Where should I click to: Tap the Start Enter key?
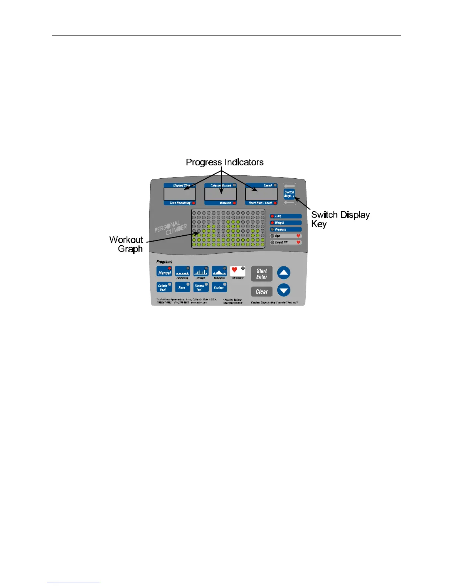tap(262, 274)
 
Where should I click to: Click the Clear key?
tap(262, 292)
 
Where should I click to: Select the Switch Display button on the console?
tap(289, 194)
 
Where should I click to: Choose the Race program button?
tap(182, 287)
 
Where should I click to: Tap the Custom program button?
tap(219, 287)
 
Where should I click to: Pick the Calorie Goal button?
tap(164, 287)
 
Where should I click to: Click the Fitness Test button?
tap(201, 287)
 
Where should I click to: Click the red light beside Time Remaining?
tap(194, 203)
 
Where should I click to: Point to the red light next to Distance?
tap(234, 203)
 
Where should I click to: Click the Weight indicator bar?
tap(286, 223)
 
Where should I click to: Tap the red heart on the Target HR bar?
tap(298, 242)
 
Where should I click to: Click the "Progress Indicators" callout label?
tap(225, 162)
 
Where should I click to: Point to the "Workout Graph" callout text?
tap(126, 244)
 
